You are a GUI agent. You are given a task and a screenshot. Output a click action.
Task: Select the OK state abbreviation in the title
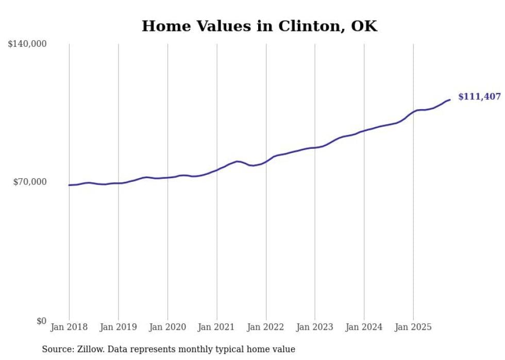tap(364, 26)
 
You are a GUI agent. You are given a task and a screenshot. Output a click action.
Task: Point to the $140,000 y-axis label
tap(27, 44)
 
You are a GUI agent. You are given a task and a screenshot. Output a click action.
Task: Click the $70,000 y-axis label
tap(30, 182)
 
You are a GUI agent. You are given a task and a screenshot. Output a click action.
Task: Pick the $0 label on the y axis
tap(41, 321)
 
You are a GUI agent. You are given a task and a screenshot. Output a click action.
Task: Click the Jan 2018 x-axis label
tap(69, 327)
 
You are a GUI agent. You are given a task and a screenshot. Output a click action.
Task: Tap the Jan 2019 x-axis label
tap(119, 327)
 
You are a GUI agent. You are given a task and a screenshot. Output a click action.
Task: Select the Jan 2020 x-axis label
tap(167, 327)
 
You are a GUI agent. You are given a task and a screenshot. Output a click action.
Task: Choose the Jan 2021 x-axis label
tap(216, 327)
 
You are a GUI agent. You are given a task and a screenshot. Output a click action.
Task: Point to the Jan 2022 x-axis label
tap(266, 327)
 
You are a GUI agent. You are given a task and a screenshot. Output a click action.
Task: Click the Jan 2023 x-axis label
tap(315, 327)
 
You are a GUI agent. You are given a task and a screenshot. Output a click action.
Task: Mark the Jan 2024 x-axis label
tap(364, 327)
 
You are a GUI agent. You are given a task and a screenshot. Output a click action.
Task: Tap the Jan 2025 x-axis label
tap(413, 327)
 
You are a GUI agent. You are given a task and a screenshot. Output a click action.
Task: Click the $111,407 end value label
tap(479, 97)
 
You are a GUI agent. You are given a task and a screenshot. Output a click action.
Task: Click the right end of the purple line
tap(450, 99)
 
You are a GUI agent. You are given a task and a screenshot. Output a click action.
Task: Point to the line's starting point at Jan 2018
tap(69, 185)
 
